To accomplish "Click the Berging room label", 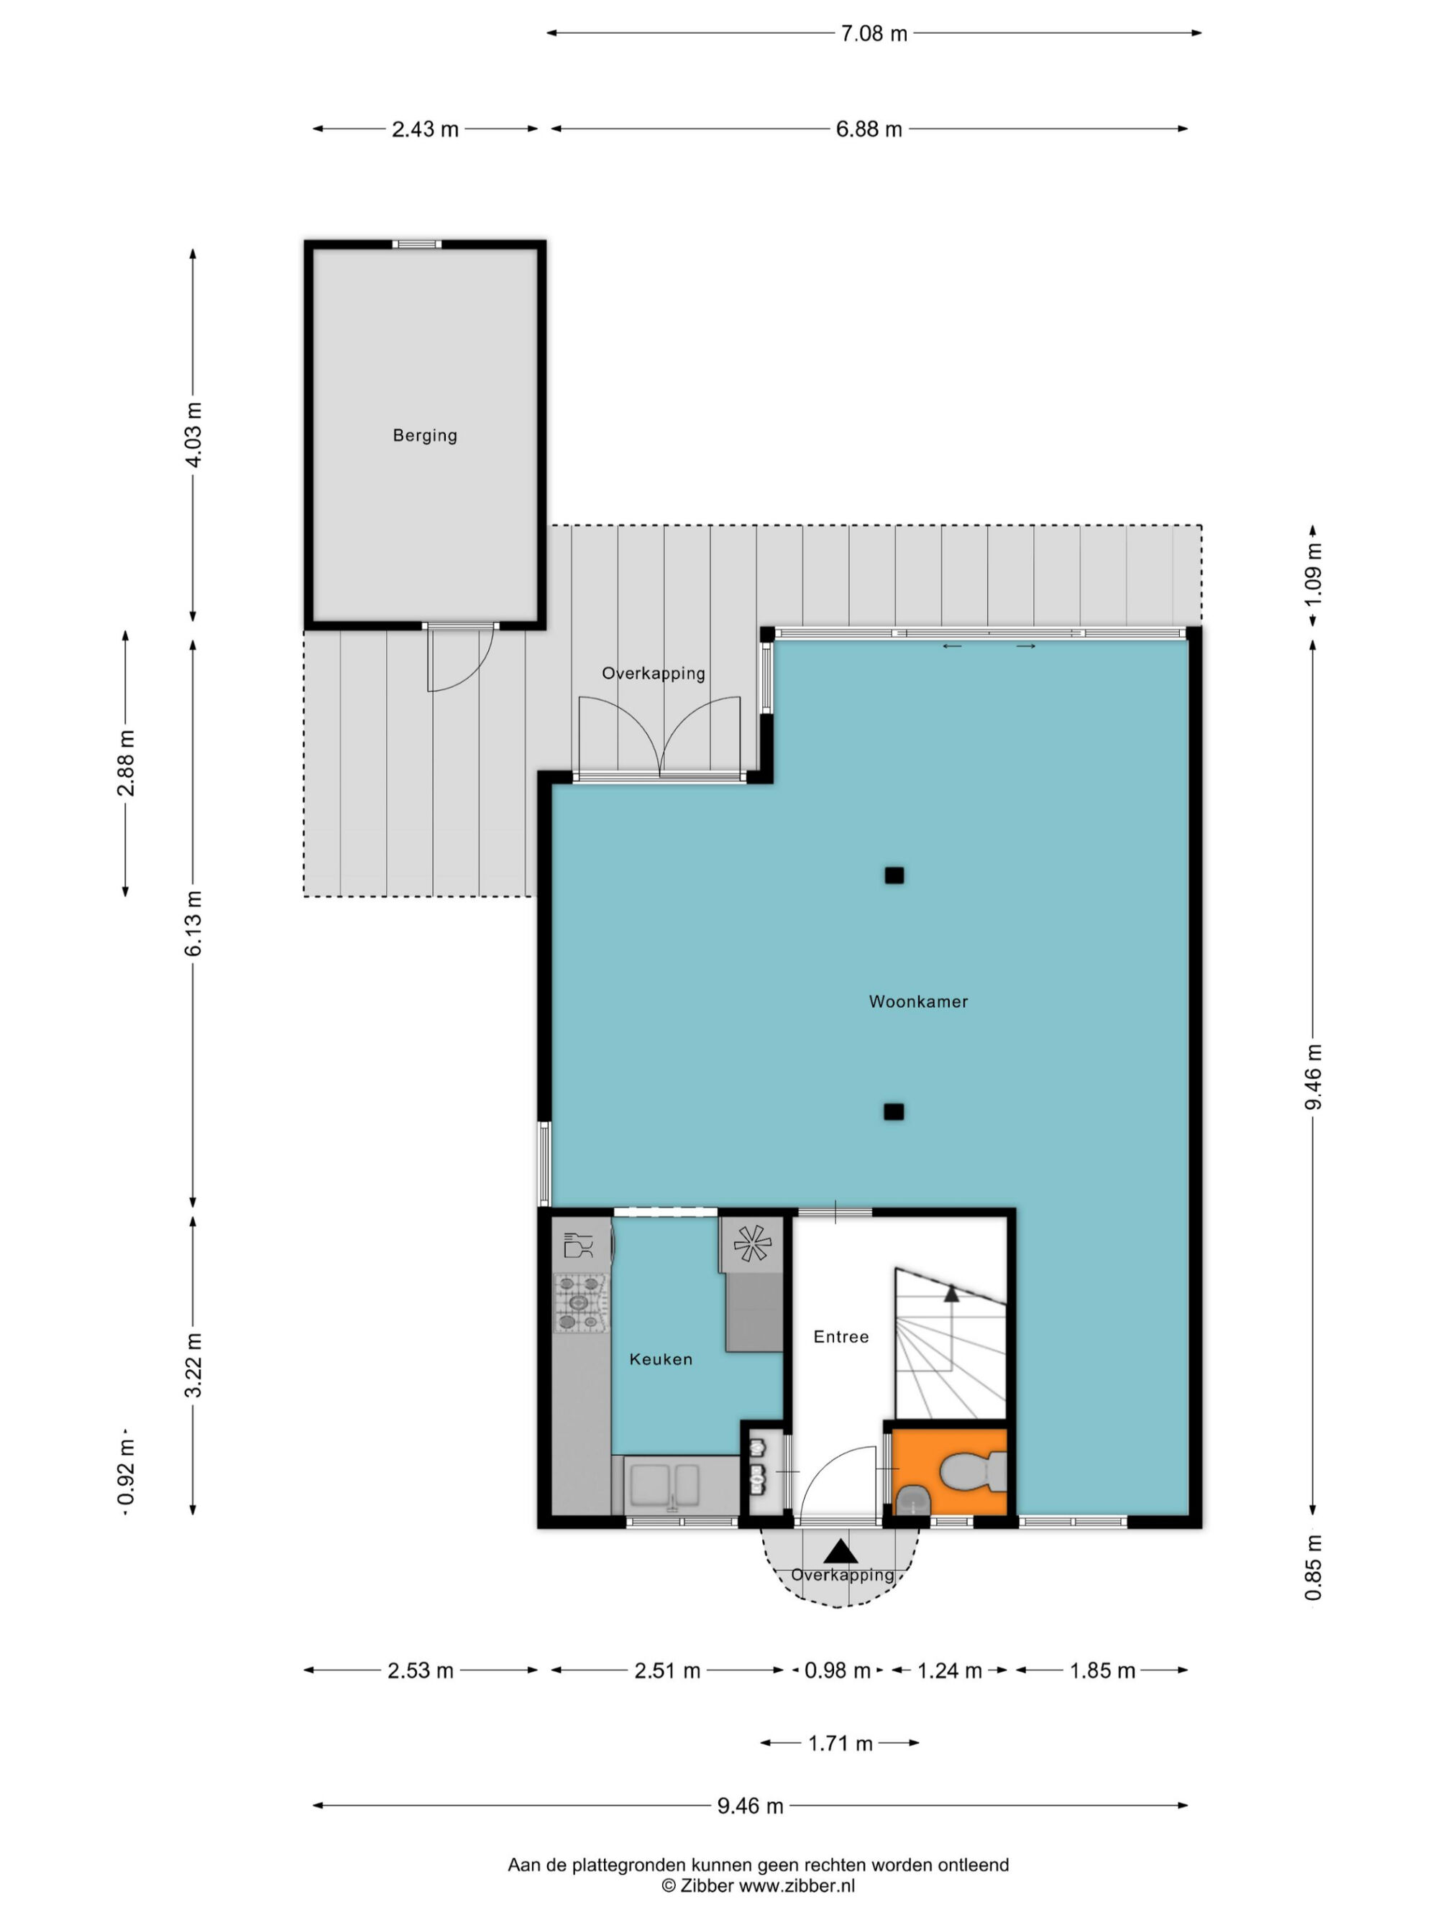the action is [425, 435].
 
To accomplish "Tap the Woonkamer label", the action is [918, 1001].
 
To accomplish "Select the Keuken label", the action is [661, 1359].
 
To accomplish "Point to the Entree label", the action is [841, 1336].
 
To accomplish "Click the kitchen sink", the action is [665, 1486].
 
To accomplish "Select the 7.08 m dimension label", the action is [874, 34].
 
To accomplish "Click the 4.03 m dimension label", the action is [193, 435].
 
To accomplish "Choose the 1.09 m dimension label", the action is [1313, 574].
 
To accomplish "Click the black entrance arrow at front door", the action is [840, 1550].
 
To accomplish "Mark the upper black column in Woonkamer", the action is [894, 875].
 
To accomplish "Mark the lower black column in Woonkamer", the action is [894, 1112].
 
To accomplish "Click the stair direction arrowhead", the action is [952, 1293].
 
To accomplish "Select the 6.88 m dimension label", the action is [869, 129].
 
